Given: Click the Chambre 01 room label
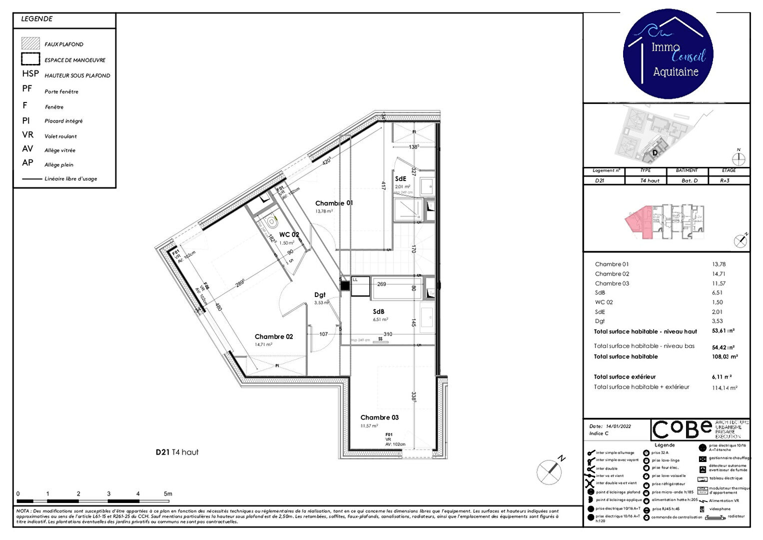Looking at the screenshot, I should [334, 203].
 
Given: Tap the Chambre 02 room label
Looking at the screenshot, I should [273, 336].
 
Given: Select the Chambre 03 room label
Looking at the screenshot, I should [379, 417].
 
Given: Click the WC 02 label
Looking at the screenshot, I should [289, 234].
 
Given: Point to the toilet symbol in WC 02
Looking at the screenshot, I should [271, 220].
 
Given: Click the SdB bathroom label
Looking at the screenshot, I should [378, 311].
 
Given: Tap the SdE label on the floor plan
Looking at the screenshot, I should [400, 178].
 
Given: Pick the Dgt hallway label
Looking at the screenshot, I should [320, 295].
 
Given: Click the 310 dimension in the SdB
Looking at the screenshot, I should [388, 334].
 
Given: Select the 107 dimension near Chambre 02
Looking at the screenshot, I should [323, 334].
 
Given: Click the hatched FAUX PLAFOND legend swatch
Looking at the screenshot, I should [30, 43].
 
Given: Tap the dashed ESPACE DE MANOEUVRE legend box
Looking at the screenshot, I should [30, 59].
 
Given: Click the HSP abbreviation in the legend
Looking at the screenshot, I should [30, 73].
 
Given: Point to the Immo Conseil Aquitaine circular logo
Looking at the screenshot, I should [668, 54].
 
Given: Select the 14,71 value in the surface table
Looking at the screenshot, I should [719, 274].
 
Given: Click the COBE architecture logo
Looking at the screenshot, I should [682, 429].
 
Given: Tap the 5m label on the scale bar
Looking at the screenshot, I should [168, 493].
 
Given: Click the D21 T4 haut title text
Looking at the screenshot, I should [177, 452].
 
